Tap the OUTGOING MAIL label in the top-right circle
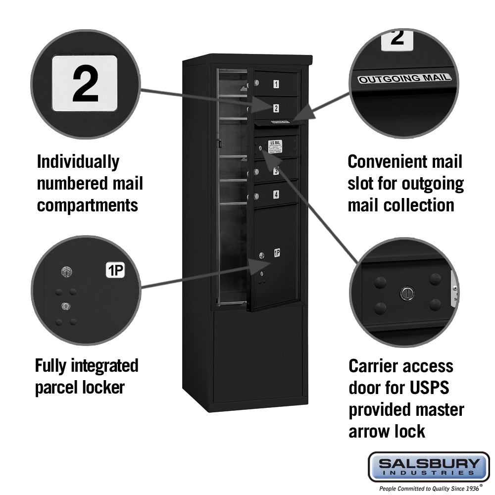(404, 79)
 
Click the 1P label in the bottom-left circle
(115, 270)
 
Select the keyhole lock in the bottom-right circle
(406, 293)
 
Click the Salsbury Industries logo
(429, 466)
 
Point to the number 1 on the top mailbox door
(276, 84)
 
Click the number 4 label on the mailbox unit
(276, 195)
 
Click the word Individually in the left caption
(78, 162)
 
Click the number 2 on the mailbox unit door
(276, 108)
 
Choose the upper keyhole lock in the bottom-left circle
(66, 271)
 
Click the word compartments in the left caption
(87, 205)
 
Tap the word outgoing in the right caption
(432, 184)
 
